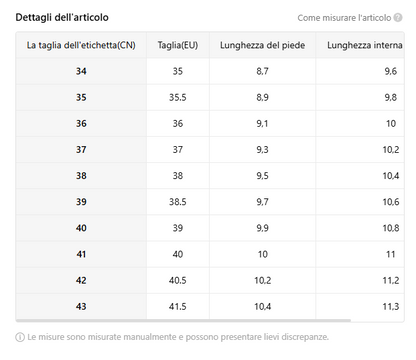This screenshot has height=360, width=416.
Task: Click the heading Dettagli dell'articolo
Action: tap(62, 17)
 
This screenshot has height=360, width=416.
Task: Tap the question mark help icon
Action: tap(398, 17)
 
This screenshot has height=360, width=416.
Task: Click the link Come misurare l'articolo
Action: tap(344, 18)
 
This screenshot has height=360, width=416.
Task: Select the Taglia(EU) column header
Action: tap(178, 45)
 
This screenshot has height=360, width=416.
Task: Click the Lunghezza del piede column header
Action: tap(262, 45)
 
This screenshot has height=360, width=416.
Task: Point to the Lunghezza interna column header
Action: tap(365, 45)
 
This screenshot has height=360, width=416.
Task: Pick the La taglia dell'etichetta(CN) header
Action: tap(81, 45)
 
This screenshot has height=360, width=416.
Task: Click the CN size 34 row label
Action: tap(81, 71)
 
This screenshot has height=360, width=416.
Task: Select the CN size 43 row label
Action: tap(81, 306)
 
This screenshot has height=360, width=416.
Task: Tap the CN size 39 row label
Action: tap(81, 202)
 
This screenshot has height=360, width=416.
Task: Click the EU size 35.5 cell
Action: tap(178, 97)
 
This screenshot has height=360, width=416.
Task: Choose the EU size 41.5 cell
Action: tap(178, 306)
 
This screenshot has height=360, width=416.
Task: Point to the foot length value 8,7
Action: tap(262, 71)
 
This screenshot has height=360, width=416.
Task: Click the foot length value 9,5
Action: tap(262, 176)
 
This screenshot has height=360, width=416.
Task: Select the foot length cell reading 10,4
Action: tap(263, 306)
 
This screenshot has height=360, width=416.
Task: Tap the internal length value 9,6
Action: tap(391, 71)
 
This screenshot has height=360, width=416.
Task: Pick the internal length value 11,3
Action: tap(391, 306)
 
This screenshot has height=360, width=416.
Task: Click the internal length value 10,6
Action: tap(391, 202)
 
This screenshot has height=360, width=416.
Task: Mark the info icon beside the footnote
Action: tap(20, 337)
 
